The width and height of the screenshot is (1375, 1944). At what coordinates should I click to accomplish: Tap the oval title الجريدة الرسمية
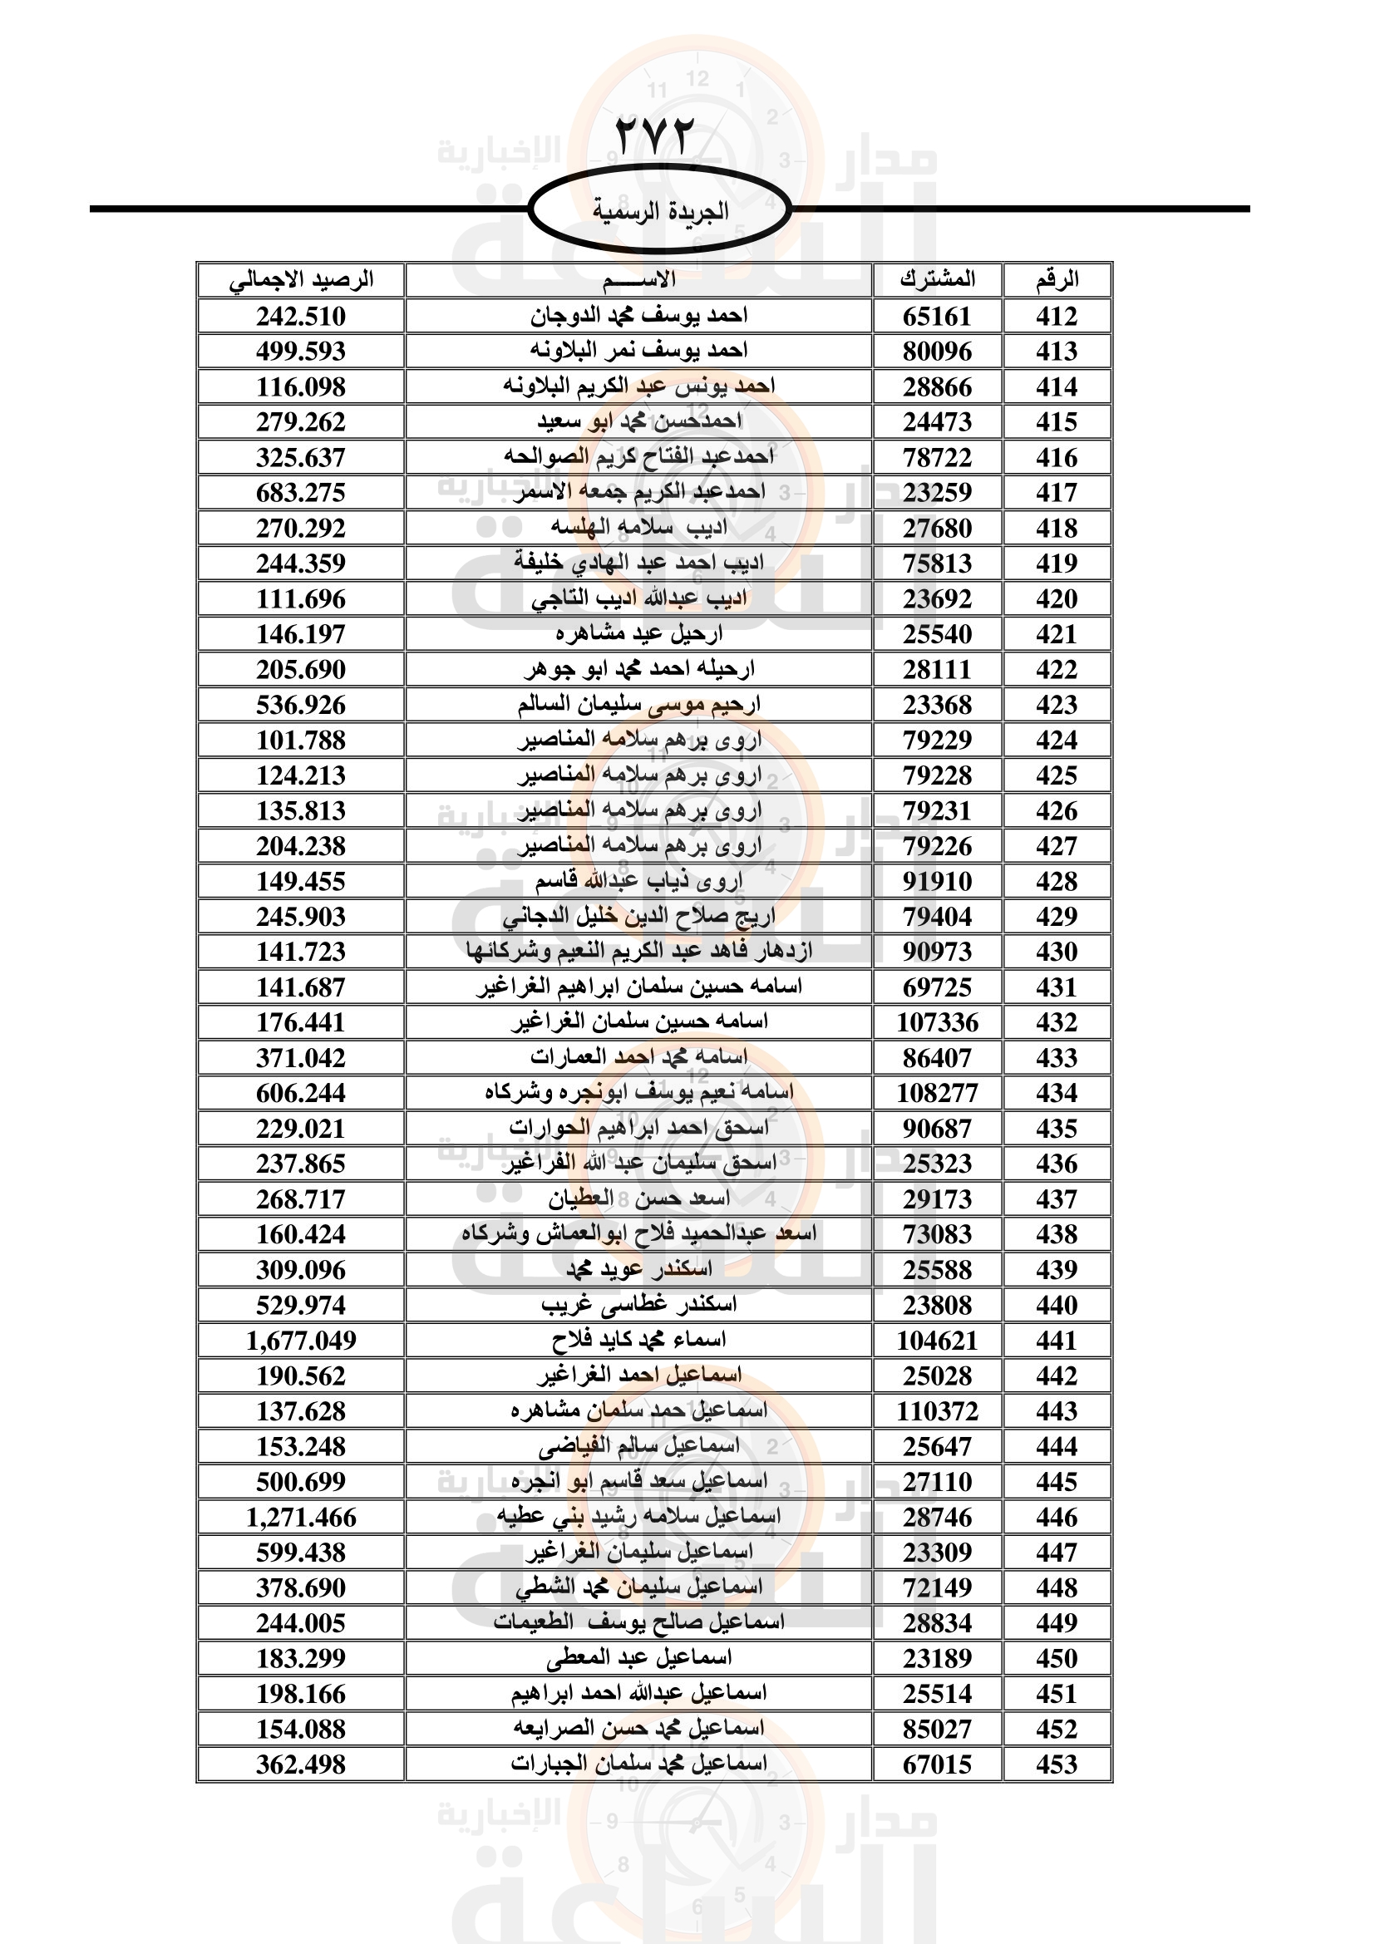coord(659,211)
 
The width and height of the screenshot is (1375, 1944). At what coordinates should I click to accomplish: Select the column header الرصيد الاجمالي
coord(302,279)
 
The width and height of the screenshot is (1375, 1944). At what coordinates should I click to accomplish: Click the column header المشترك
coord(937,279)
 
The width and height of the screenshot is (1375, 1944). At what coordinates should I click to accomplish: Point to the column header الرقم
coord(1057,279)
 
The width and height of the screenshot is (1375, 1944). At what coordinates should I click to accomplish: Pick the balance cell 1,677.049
coord(302,1341)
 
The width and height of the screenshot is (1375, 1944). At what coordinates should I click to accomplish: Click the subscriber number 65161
coord(937,316)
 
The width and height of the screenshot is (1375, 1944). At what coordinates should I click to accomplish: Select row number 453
coord(1057,1764)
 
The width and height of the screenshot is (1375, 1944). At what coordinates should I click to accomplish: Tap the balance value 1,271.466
coord(302,1518)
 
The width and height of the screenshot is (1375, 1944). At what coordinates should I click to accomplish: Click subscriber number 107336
coord(937,1022)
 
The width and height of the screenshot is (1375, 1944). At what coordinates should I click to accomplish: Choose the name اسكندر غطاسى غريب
coord(639,1305)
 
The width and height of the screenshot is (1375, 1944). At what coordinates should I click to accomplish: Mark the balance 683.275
coord(302,492)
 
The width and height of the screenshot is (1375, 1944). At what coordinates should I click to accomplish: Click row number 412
coord(1057,316)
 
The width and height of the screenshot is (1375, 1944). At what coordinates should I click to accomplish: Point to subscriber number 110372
coord(937,1410)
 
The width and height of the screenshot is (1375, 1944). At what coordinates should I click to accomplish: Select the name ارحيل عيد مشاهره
coord(639,633)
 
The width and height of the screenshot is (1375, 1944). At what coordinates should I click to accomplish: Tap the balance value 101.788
coord(302,740)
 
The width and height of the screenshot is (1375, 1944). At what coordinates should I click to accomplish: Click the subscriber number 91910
coord(937,880)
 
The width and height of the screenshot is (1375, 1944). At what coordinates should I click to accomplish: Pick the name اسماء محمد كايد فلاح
coord(639,1341)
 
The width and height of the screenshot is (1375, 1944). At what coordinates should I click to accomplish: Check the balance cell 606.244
coord(302,1093)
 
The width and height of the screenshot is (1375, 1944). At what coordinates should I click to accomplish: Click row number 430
coord(1057,952)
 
